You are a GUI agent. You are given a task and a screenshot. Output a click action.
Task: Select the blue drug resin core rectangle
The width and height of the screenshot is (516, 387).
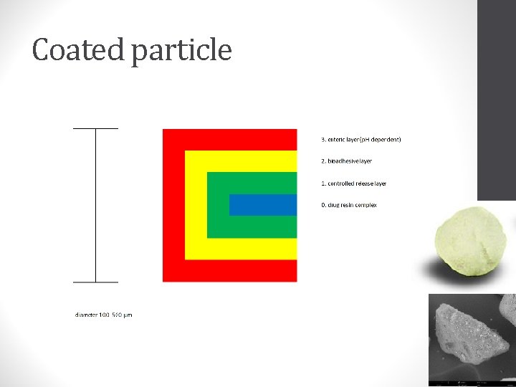tap(262, 204)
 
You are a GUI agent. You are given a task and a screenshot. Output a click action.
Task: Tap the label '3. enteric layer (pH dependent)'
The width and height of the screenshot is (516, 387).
tap(361, 139)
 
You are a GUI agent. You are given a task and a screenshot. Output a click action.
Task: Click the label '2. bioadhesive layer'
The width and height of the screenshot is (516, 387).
tap(346, 161)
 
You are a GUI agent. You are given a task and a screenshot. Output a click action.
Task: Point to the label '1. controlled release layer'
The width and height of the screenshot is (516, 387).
tap(353, 183)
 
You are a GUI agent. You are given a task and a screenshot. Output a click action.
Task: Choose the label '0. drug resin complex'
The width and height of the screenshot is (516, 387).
tap(348, 205)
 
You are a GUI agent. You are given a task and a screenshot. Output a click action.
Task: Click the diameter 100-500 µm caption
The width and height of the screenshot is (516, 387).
tap(104, 315)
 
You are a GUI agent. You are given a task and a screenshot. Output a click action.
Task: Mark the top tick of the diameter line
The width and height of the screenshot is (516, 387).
tap(95, 129)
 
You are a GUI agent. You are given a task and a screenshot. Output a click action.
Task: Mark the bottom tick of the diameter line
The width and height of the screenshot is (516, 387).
tap(95, 282)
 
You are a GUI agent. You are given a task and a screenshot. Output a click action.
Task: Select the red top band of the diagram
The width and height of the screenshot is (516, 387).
tap(229, 139)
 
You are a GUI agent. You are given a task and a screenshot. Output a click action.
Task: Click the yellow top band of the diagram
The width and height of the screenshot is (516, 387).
tap(240, 161)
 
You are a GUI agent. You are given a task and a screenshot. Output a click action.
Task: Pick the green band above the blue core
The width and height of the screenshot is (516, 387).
tap(251, 183)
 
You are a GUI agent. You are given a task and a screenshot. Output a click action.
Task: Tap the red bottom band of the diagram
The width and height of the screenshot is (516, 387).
tap(229, 270)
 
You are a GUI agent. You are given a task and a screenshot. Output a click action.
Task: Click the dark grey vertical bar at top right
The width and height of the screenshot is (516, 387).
tap(496, 100)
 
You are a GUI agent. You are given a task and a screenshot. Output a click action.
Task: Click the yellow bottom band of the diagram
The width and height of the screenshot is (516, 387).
tap(240, 248)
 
